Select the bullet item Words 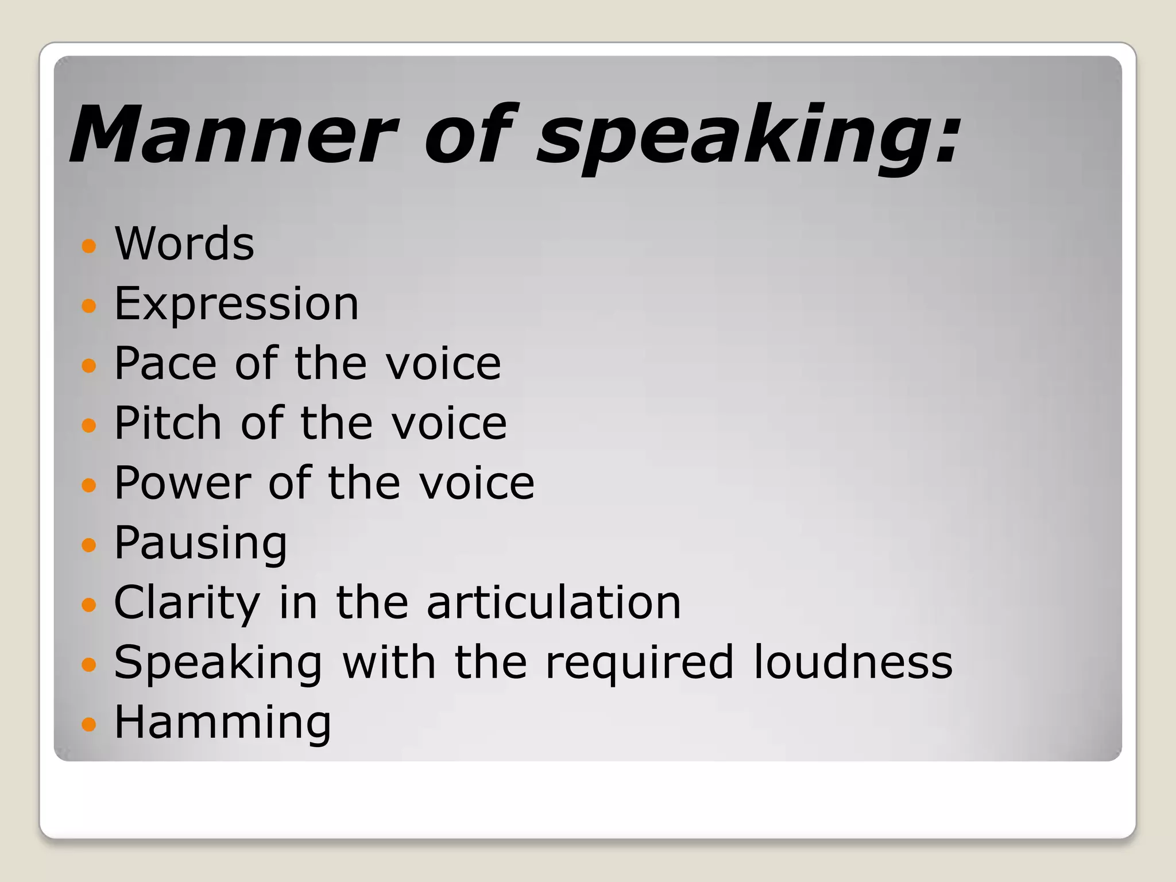[184, 243]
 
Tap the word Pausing [200, 543]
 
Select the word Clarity [187, 603]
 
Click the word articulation [554, 602]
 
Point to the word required [640, 663]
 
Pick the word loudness [853, 662]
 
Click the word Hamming [223, 722]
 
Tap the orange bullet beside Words [88, 246]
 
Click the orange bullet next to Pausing [88, 544]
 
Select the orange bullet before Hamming [88, 724]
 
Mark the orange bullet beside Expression [88, 305]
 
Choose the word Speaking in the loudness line [218, 663]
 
